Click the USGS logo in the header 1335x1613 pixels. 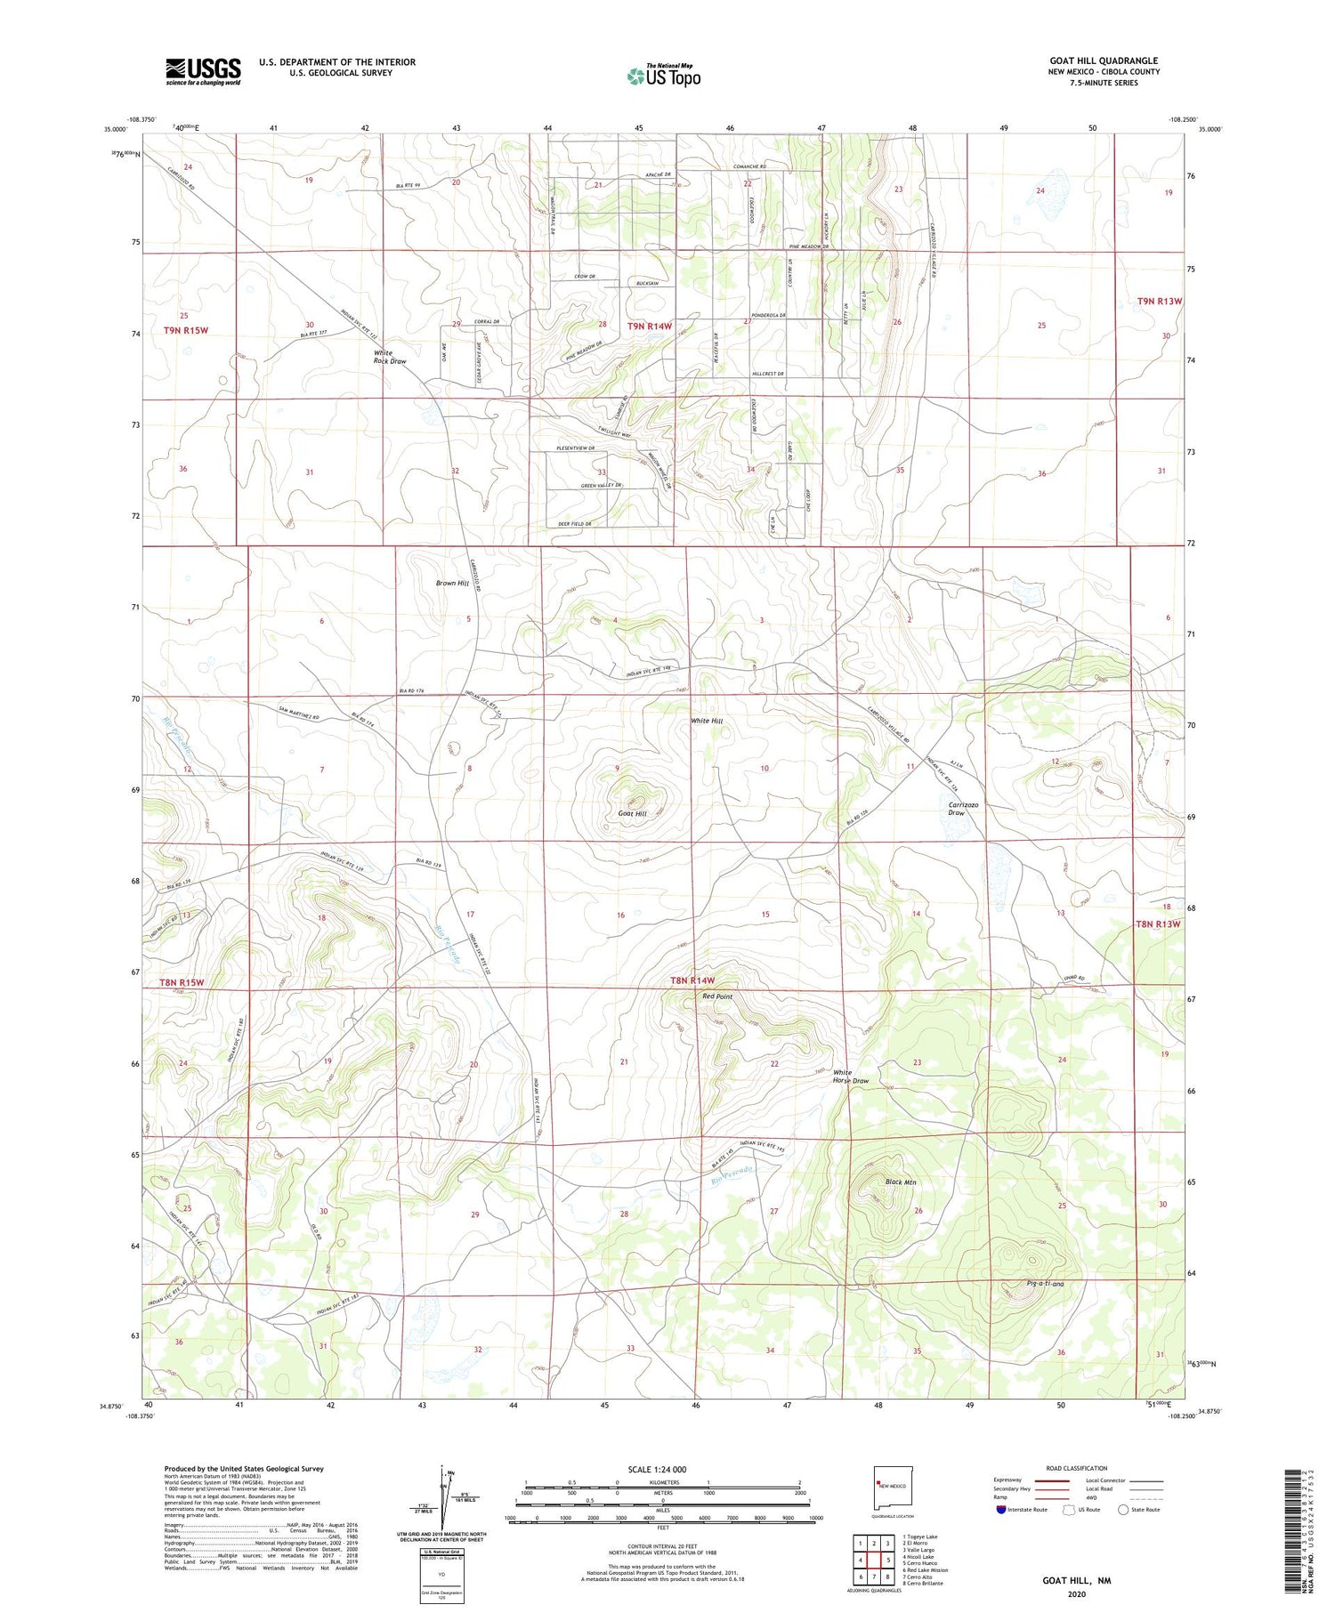pos(203,71)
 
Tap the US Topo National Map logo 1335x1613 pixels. pos(663,76)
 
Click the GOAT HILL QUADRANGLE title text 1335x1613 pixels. pos(1104,61)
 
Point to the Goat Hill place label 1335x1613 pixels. pos(632,813)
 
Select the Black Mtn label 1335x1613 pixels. pos(901,1182)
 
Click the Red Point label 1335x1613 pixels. pos(717,996)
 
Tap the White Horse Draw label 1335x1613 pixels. pos(850,1077)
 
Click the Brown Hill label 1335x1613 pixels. pos(452,584)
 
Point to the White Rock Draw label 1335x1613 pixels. pos(390,358)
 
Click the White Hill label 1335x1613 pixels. pos(707,721)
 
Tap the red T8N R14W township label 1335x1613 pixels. pos(692,980)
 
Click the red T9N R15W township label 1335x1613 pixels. pos(185,330)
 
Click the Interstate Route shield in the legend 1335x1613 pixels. pos(1001,1510)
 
